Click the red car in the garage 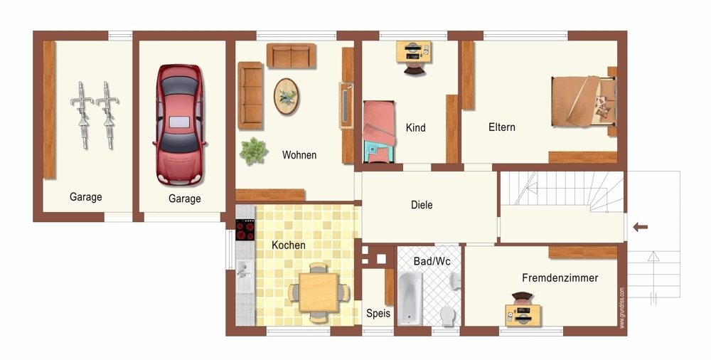[x=179, y=125]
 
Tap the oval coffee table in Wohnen [x=286, y=97]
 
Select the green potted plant [x=253, y=151]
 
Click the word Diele [x=422, y=205]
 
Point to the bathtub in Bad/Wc [x=410, y=298]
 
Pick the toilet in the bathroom [x=448, y=315]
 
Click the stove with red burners [x=245, y=230]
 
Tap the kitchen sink [x=245, y=275]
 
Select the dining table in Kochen [x=319, y=292]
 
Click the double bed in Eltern [x=584, y=102]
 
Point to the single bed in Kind [x=379, y=132]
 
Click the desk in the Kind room [x=414, y=51]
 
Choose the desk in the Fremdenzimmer [x=523, y=315]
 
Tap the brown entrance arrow [x=641, y=227]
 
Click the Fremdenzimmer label [x=560, y=278]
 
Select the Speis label [x=378, y=313]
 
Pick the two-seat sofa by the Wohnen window [x=291, y=55]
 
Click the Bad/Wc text [x=432, y=262]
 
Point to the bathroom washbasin [x=455, y=280]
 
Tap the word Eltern [x=502, y=127]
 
